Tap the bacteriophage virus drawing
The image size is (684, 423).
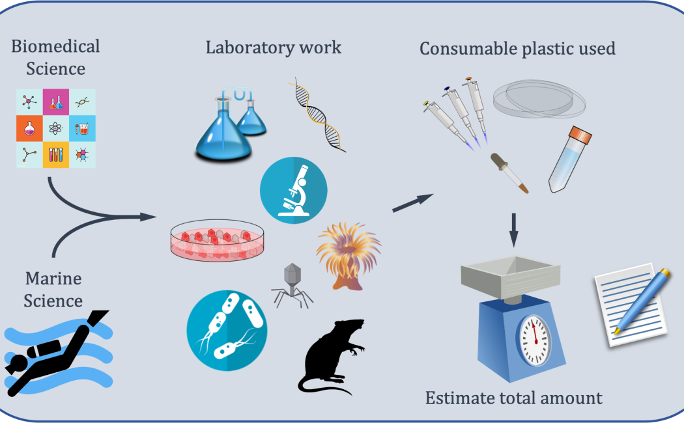point(291,284)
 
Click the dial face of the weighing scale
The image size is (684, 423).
point(534,339)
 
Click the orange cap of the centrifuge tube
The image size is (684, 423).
point(580,135)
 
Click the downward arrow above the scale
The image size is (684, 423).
point(513,228)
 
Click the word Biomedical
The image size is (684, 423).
point(56,47)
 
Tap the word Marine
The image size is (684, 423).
point(53,279)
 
